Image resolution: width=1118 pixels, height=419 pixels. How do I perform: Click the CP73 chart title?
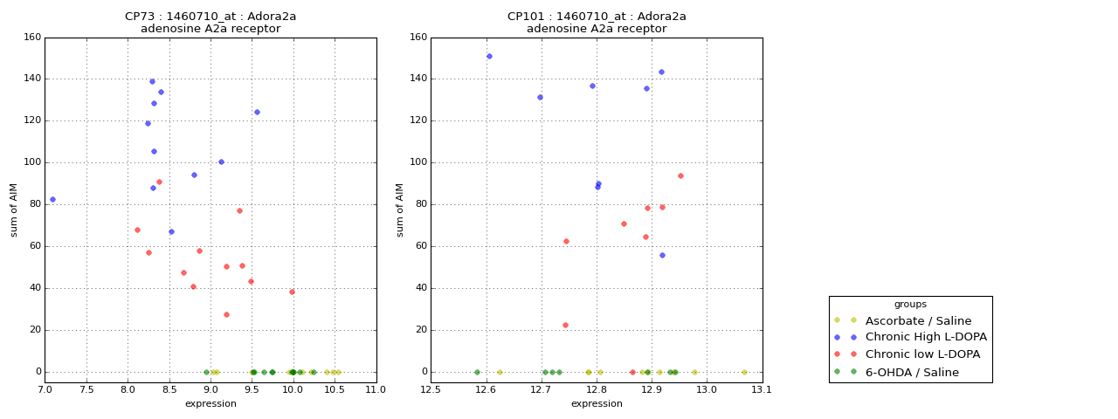[210, 17]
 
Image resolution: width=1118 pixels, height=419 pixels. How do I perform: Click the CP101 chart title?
[597, 17]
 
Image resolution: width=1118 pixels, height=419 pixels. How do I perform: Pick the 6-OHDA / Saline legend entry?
[912, 372]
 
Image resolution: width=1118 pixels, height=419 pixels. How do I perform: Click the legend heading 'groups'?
[910, 304]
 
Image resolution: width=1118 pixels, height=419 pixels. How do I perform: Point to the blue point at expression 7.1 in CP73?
[52, 199]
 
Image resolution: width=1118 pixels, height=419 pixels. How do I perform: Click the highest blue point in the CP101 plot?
[489, 56]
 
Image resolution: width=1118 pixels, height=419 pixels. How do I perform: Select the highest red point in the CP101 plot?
[680, 175]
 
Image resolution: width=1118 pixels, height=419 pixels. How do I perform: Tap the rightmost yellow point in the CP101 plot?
[744, 372]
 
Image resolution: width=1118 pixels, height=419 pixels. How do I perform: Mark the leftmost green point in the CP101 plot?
[477, 372]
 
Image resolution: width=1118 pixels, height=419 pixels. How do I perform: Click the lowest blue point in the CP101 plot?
[662, 255]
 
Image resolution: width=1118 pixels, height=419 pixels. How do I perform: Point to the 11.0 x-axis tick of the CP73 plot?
[376, 391]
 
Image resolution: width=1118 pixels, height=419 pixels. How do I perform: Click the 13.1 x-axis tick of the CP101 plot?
[763, 391]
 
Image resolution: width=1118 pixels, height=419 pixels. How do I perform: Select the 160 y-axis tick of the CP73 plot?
[31, 38]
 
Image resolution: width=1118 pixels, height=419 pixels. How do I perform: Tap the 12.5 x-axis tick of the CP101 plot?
[431, 391]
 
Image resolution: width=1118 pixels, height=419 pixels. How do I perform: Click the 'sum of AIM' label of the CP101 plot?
[400, 209]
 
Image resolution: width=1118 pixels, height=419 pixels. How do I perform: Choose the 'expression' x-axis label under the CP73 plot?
[210, 403]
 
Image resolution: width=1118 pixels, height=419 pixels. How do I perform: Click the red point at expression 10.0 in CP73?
[292, 292]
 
